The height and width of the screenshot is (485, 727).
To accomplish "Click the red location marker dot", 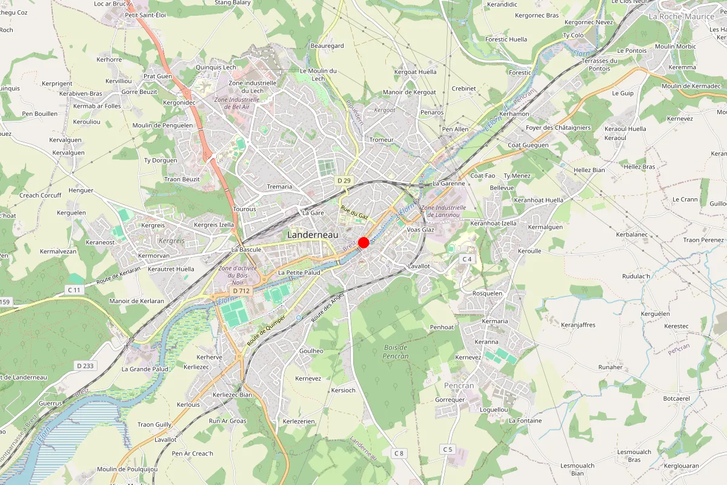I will coord(363,242).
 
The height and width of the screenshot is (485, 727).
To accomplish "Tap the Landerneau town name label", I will coord(312,234).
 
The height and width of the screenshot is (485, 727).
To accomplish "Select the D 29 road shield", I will coord(344,181).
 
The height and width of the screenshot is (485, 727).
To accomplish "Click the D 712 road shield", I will coord(241,291).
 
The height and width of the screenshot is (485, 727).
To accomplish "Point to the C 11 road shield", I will coord(74,290).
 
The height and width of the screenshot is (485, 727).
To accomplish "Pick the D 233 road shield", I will coord(86,366).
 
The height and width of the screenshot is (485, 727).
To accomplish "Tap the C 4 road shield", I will coord(466,259).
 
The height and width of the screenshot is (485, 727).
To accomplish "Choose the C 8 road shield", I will coord(398,453).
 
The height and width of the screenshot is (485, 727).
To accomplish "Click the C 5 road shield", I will coord(447,449).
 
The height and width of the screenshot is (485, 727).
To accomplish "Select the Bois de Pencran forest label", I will coord(396,352).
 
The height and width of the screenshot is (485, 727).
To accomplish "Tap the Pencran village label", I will coord(459,386).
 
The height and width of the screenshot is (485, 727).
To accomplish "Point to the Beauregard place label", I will coord(327,46).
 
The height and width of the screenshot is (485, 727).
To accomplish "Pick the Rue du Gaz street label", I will coord(354,212).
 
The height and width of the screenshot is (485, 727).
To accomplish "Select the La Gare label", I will coord(313,213).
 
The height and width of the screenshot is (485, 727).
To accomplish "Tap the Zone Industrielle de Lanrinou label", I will coord(446,210).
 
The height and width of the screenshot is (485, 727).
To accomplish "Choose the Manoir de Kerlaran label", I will coord(136,301).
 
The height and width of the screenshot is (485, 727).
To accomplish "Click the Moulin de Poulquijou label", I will coord(127,469).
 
